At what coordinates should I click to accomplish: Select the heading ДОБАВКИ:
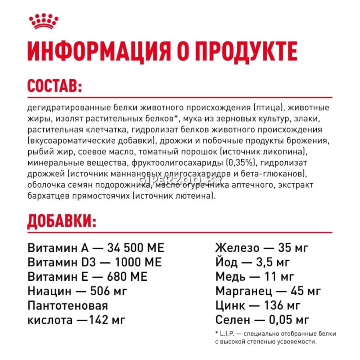tap(62, 220)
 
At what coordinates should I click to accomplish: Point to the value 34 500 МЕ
tap(136, 248)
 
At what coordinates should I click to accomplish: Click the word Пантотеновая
tap(68, 306)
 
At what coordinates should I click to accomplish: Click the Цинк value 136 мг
tap(282, 306)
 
